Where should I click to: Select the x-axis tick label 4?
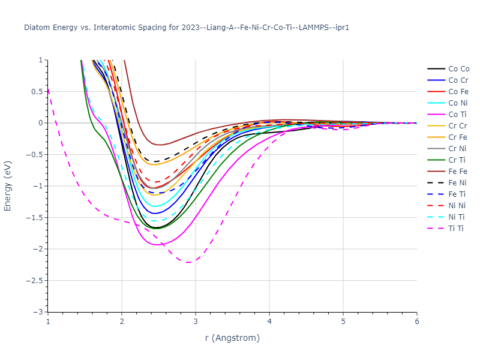point(269,322)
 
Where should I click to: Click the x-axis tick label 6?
point(416,322)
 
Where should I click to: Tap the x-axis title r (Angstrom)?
point(232,338)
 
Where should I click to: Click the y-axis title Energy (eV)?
point(8,186)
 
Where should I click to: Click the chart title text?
point(187,28)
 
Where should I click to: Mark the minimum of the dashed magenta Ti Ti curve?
point(188,262)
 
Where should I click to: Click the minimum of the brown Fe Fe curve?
point(160,145)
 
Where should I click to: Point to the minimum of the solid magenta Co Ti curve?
point(157,245)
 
